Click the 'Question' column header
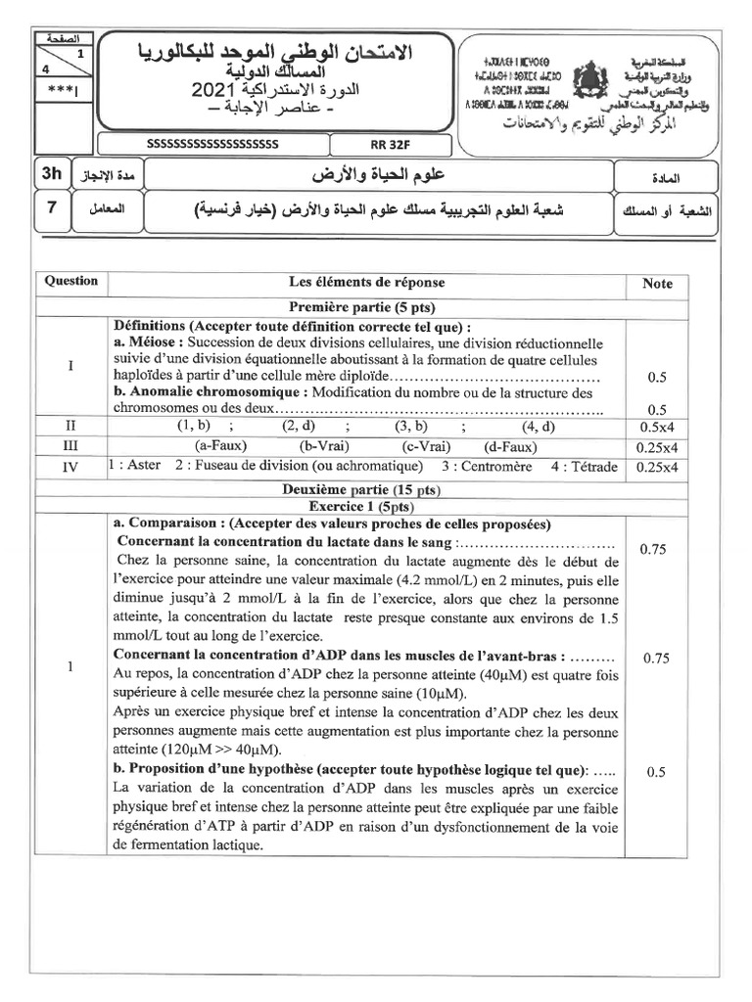point(71,281)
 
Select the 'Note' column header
point(657,284)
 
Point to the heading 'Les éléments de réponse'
point(366,282)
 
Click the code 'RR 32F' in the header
point(376,145)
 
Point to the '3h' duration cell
point(50,174)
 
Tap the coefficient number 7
point(50,207)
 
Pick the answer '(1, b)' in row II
point(193,427)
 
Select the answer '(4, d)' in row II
point(538,427)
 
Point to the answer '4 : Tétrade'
point(585,467)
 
